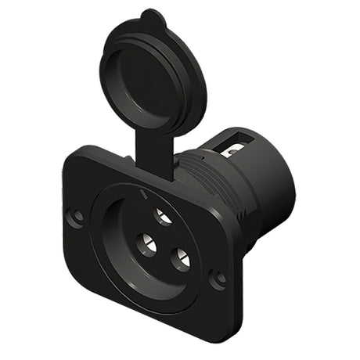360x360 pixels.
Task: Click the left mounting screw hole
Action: click(x=75, y=217)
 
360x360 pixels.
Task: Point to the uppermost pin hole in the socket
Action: click(x=164, y=216)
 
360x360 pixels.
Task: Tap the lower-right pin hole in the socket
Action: click(x=180, y=257)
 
